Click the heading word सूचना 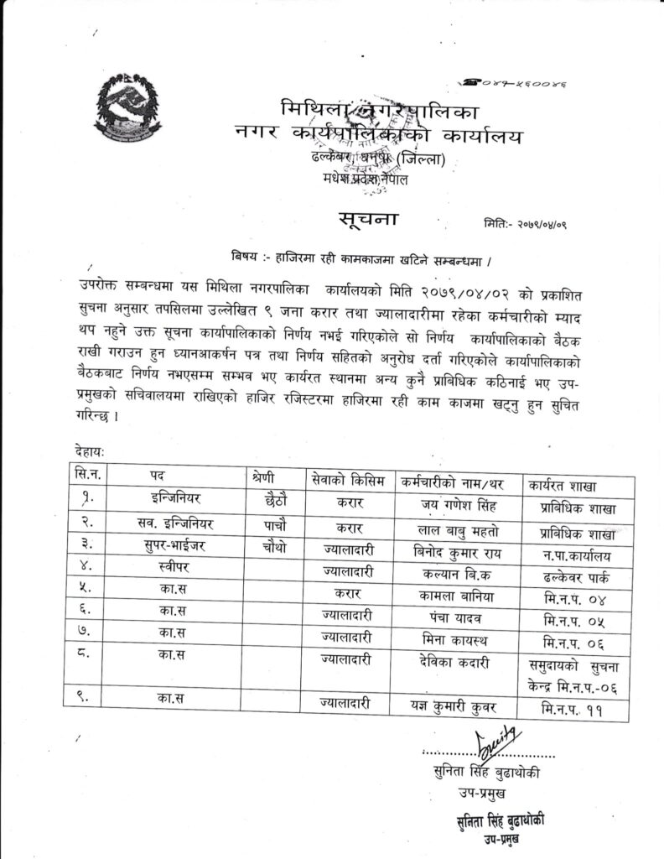[370, 220]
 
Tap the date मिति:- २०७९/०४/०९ [526, 224]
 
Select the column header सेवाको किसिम [346, 481]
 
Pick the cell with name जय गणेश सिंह [453, 505]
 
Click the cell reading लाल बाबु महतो [453, 532]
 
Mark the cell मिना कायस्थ [453, 641]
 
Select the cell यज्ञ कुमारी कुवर [453, 704]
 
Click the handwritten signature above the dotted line [497, 741]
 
